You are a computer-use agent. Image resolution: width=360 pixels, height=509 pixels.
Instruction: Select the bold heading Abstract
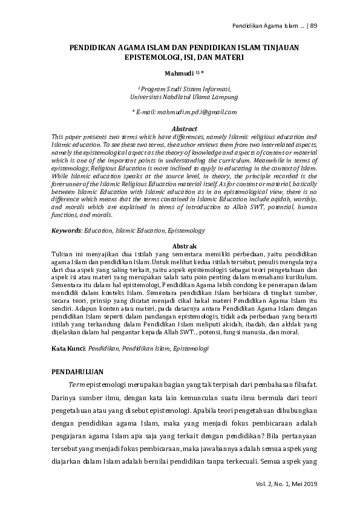pyautogui.click(x=185, y=129)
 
